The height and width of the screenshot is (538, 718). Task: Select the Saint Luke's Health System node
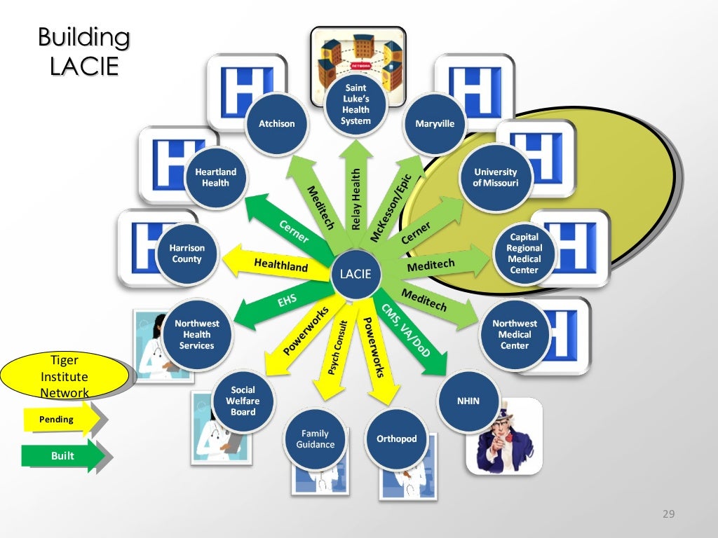click(355, 105)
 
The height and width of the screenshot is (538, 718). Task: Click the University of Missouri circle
click(496, 177)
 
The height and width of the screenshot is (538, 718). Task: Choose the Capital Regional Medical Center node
click(524, 254)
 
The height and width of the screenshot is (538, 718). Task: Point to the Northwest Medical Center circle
click(515, 334)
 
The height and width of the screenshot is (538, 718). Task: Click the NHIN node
click(468, 401)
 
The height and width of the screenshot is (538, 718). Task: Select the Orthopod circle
click(396, 439)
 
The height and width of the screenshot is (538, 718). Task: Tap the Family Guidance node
click(316, 439)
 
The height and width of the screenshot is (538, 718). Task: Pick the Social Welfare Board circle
click(243, 401)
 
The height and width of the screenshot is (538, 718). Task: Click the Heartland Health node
click(215, 177)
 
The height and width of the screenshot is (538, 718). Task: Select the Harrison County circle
click(187, 254)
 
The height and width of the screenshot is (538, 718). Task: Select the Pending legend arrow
click(57, 420)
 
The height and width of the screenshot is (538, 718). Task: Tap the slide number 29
click(668, 515)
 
